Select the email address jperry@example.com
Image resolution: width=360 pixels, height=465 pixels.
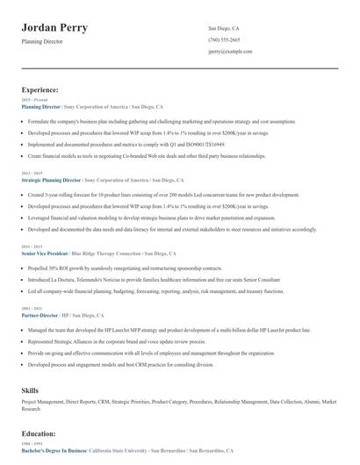pyautogui.click(x=230, y=52)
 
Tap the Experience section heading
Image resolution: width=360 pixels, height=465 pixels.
pyautogui.click(x=40, y=89)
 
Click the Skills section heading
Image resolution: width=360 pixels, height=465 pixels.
pyautogui.click(x=29, y=387)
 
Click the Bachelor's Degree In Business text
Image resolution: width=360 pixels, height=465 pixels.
pyautogui.click(x=54, y=450)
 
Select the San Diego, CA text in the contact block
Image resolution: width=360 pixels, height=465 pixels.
pyautogui.click(x=223, y=28)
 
